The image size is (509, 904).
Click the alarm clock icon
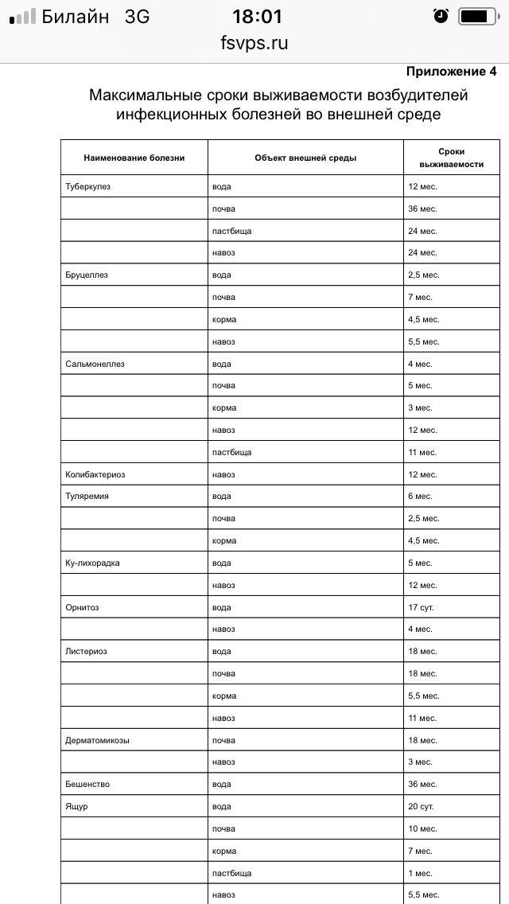coord(441,16)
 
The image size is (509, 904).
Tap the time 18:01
coord(256,16)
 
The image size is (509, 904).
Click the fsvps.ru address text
coord(254,43)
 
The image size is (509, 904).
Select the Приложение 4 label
coord(451,72)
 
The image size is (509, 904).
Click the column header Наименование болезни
coord(134,158)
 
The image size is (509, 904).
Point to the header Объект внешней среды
coord(305,158)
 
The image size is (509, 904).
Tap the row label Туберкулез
coord(88,186)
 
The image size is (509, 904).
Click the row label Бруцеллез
coord(87,275)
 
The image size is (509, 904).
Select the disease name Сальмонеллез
coord(95,364)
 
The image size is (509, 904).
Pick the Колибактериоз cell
coord(95,474)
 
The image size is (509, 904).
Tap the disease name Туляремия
coord(87,496)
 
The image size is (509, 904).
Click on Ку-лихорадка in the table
coord(92,563)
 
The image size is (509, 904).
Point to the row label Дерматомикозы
coord(97,740)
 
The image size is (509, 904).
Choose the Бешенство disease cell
coord(87,784)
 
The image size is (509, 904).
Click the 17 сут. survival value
coord(422,607)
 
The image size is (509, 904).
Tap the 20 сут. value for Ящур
coord(422,806)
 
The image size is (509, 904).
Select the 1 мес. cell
coord(420,873)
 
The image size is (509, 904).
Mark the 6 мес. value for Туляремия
coord(420,496)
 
